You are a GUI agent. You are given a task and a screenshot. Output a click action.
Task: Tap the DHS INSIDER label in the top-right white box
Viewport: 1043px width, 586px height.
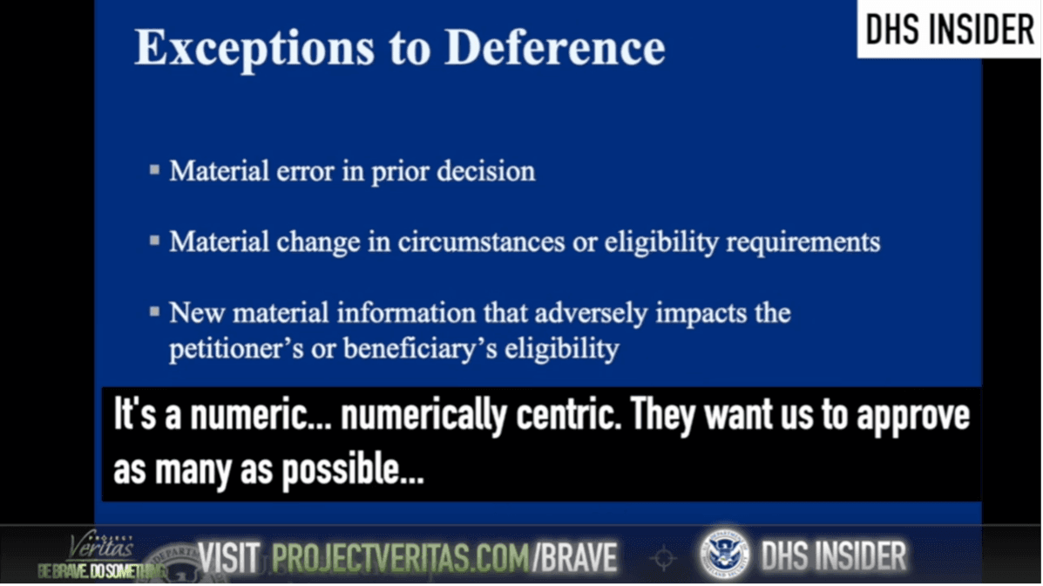pyautogui.click(x=949, y=30)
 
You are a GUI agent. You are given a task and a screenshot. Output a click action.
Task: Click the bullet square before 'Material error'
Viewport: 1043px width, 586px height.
pyautogui.click(x=154, y=170)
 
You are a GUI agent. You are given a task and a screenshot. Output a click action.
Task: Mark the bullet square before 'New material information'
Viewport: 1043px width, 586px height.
pyautogui.click(x=154, y=311)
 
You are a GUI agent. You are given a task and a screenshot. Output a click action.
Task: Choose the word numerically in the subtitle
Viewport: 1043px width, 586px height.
pyautogui.click(x=423, y=416)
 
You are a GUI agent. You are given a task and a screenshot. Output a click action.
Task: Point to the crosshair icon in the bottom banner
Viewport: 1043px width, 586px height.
pyautogui.click(x=663, y=557)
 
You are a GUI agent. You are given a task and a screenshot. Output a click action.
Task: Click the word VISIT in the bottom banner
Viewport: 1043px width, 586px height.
pyautogui.click(x=229, y=556)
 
